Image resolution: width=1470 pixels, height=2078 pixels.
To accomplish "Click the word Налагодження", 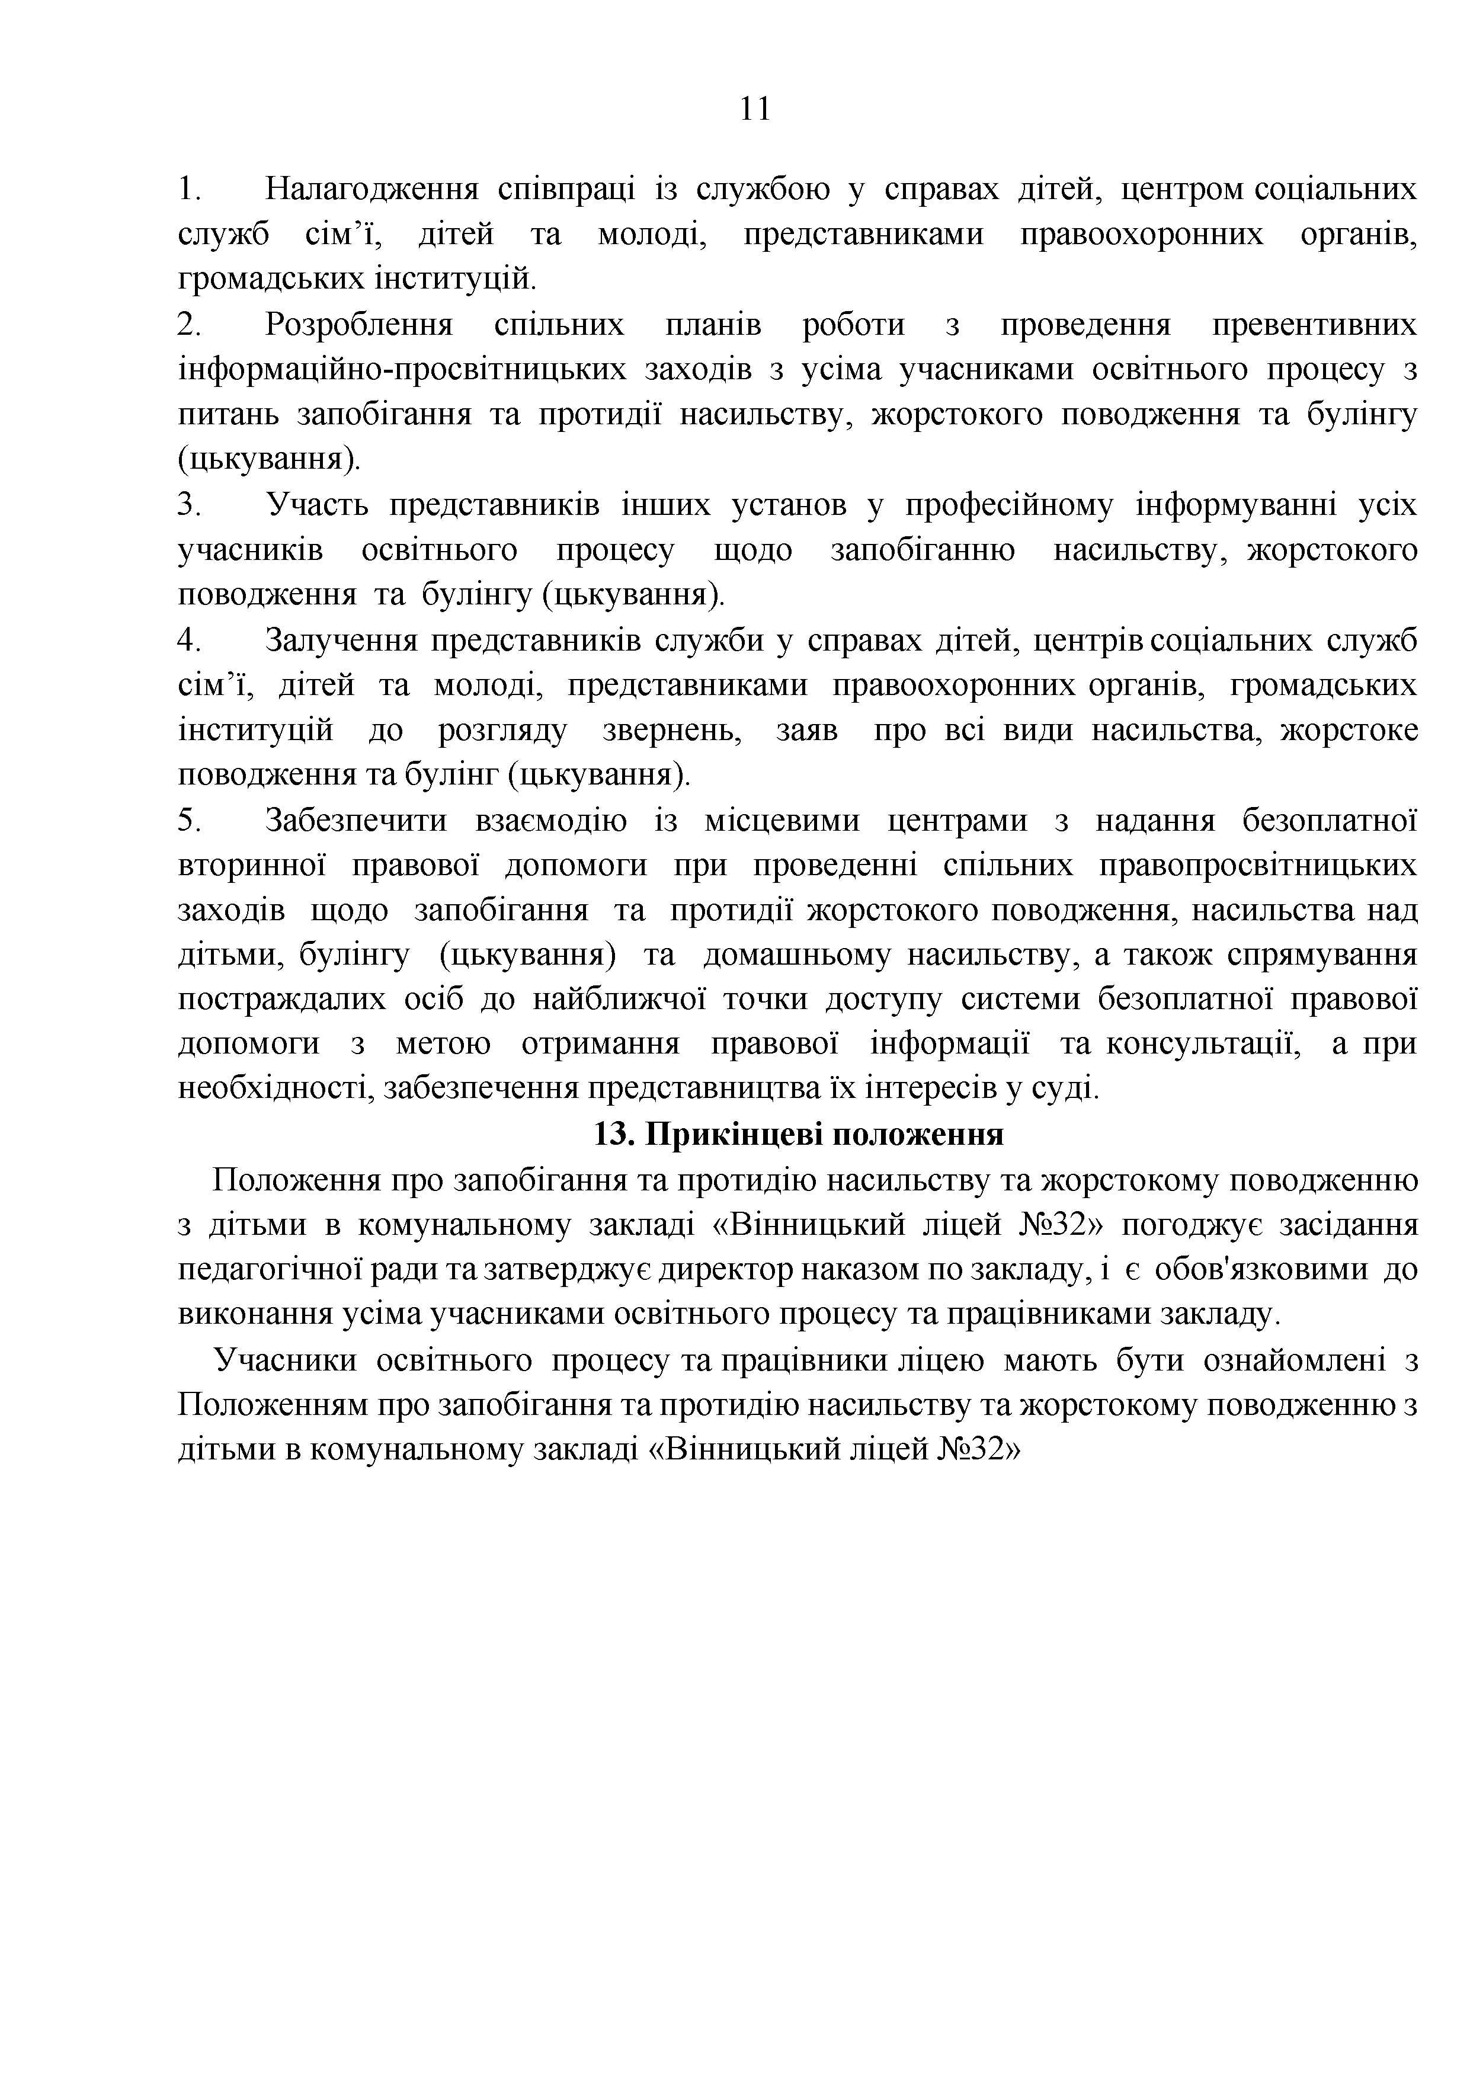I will pyautogui.click(x=371, y=190).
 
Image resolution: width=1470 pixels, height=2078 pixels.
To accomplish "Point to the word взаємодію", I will pyautogui.click(x=550, y=821).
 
